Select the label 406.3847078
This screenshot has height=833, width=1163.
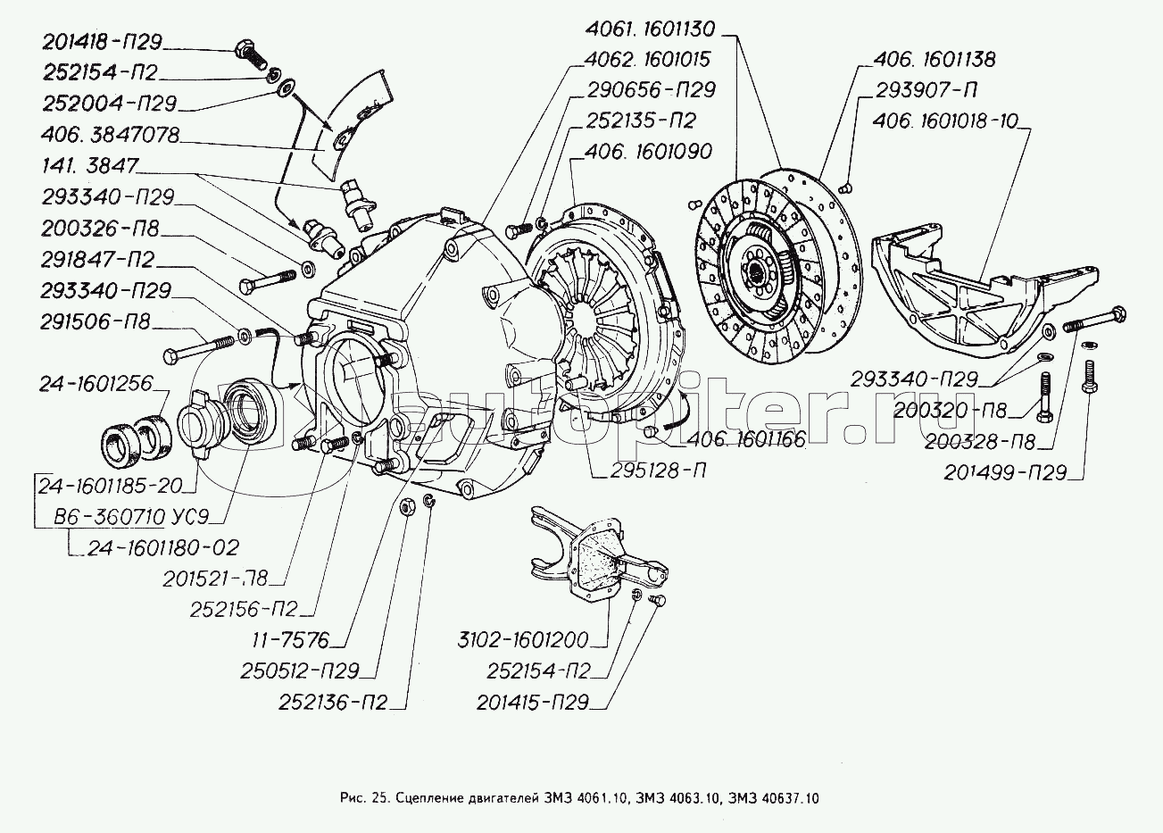point(110,136)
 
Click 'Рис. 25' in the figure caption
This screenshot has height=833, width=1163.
point(362,797)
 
